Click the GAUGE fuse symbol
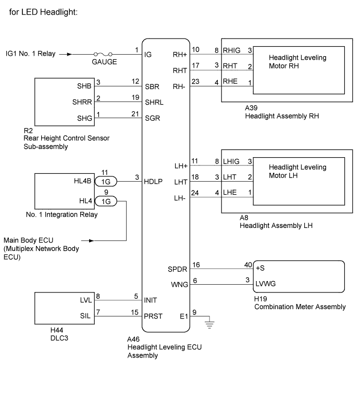coord(103,54)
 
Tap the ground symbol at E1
coord(209,325)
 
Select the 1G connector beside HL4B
coord(106,182)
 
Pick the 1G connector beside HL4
coord(106,201)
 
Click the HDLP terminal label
coord(153,182)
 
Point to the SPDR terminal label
coord(177,270)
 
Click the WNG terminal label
coord(179,285)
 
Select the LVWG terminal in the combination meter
coord(265,284)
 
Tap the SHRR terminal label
coord(82,102)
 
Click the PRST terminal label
coord(153,316)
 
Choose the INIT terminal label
coord(150,300)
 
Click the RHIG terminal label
coord(231,50)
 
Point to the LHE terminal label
coord(230,193)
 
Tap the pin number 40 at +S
coord(248,265)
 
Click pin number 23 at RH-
coord(195,81)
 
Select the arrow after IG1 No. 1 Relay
coord(66,54)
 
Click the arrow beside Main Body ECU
coord(88,241)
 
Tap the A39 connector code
coord(251,108)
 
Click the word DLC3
coord(59,338)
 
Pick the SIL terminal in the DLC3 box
coord(85,316)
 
